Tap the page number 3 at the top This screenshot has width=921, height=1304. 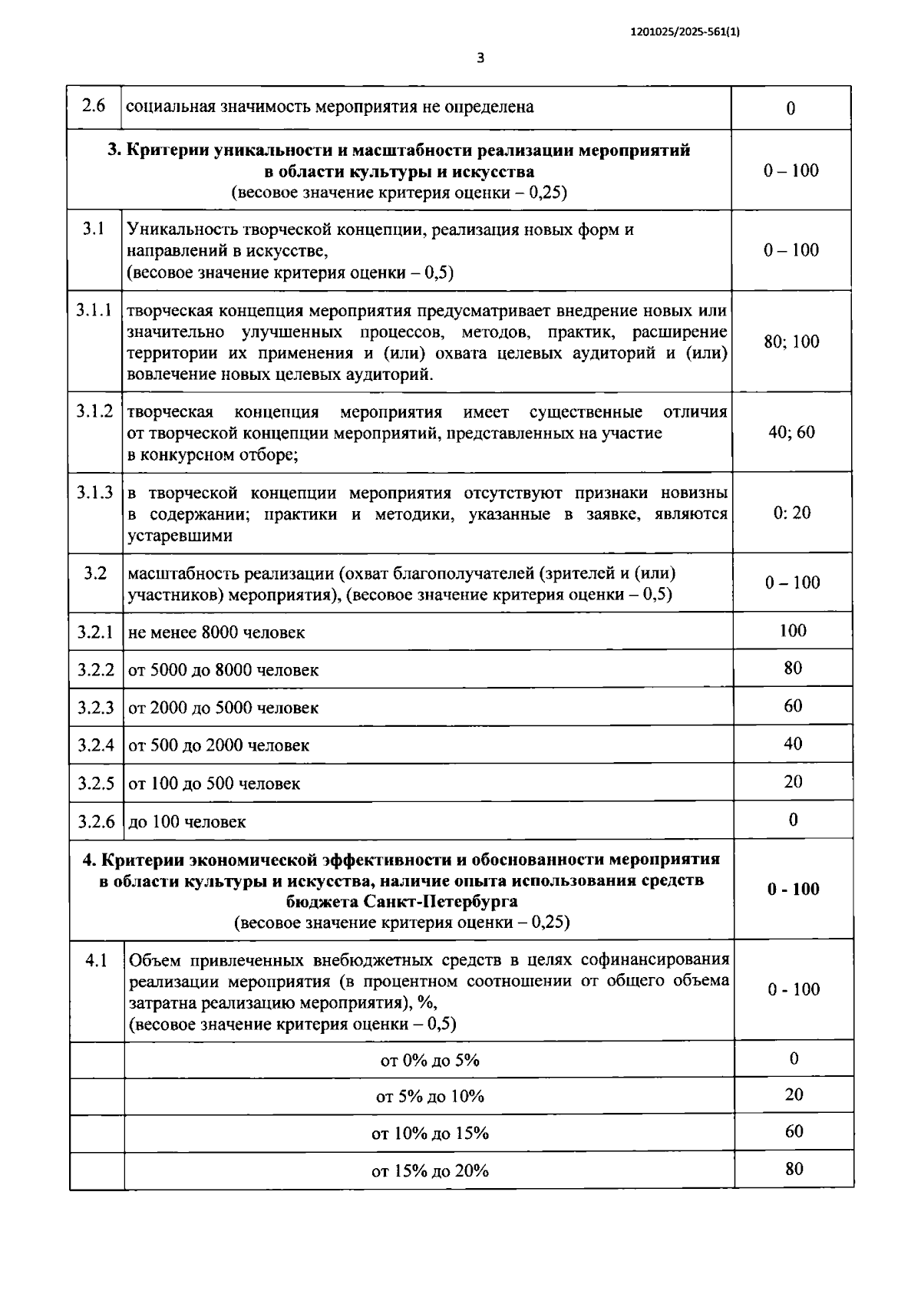480,58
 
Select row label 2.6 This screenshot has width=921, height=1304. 94,106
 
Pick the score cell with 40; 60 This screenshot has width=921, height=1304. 791,433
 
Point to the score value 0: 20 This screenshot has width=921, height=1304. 792,513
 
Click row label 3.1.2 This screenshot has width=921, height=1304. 94,412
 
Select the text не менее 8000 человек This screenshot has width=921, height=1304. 216,632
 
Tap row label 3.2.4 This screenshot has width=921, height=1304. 95,745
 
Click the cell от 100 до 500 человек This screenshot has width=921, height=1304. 214,784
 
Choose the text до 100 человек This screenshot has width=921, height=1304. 187,822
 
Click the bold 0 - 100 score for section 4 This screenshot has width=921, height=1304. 794,890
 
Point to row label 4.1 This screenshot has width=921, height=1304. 96,960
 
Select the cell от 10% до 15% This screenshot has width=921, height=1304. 430,1134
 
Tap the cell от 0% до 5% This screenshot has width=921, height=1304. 430,1061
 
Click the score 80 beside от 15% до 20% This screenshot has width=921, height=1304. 794,1169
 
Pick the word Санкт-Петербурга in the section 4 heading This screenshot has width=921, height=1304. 434,901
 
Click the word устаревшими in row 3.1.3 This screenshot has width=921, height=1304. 180,536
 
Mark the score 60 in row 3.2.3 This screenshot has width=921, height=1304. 793,705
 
